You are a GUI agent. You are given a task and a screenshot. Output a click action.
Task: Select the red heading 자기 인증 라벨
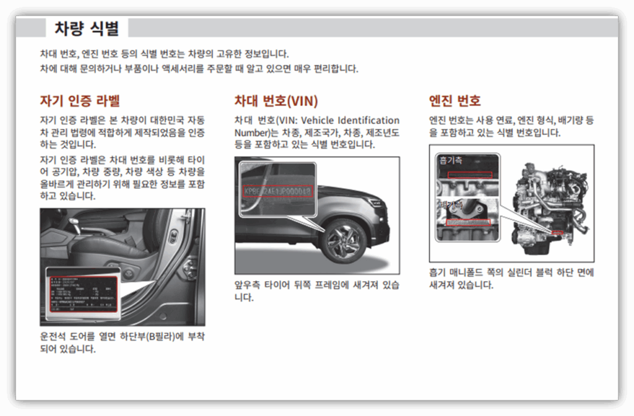[x=80, y=100]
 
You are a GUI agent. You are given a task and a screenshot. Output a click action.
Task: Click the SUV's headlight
[x=375, y=202]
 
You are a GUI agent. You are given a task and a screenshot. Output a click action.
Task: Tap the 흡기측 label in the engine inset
[x=451, y=160]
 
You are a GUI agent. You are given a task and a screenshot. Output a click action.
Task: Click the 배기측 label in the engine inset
[x=451, y=204]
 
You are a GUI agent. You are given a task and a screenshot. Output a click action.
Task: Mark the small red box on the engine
[x=556, y=232]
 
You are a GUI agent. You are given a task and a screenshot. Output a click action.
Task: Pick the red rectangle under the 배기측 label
[x=468, y=222]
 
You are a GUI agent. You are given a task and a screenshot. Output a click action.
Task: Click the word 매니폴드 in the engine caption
[x=472, y=272]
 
